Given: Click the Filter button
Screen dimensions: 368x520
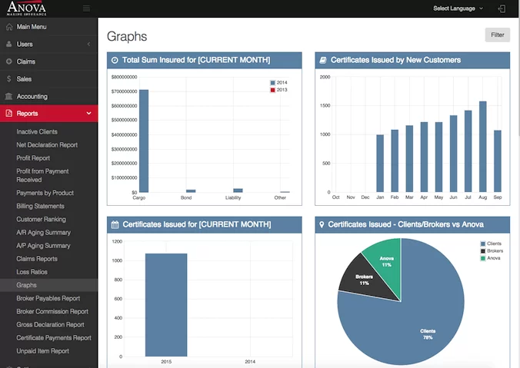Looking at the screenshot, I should click(497, 35).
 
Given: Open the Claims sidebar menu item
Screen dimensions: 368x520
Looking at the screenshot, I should click(26, 61).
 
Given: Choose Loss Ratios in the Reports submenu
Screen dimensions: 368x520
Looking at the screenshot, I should click(32, 272).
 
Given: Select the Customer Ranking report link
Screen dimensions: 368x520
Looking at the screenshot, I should click(41, 219).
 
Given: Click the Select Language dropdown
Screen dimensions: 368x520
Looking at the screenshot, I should click(458, 8).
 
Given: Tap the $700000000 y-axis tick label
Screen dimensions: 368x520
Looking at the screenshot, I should click(124, 91).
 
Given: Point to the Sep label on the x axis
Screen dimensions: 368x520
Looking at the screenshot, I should click(498, 197).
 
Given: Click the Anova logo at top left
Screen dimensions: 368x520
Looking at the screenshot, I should click(26, 8).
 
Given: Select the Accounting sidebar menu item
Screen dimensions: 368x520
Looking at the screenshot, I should click(32, 97).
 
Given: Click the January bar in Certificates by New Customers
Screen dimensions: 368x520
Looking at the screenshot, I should click(380, 163).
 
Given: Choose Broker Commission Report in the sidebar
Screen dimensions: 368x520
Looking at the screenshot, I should click(52, 312).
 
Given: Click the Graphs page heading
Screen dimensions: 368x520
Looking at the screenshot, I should click(127, 37).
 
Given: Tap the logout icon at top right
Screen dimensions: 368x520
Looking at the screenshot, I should click(502, 8).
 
